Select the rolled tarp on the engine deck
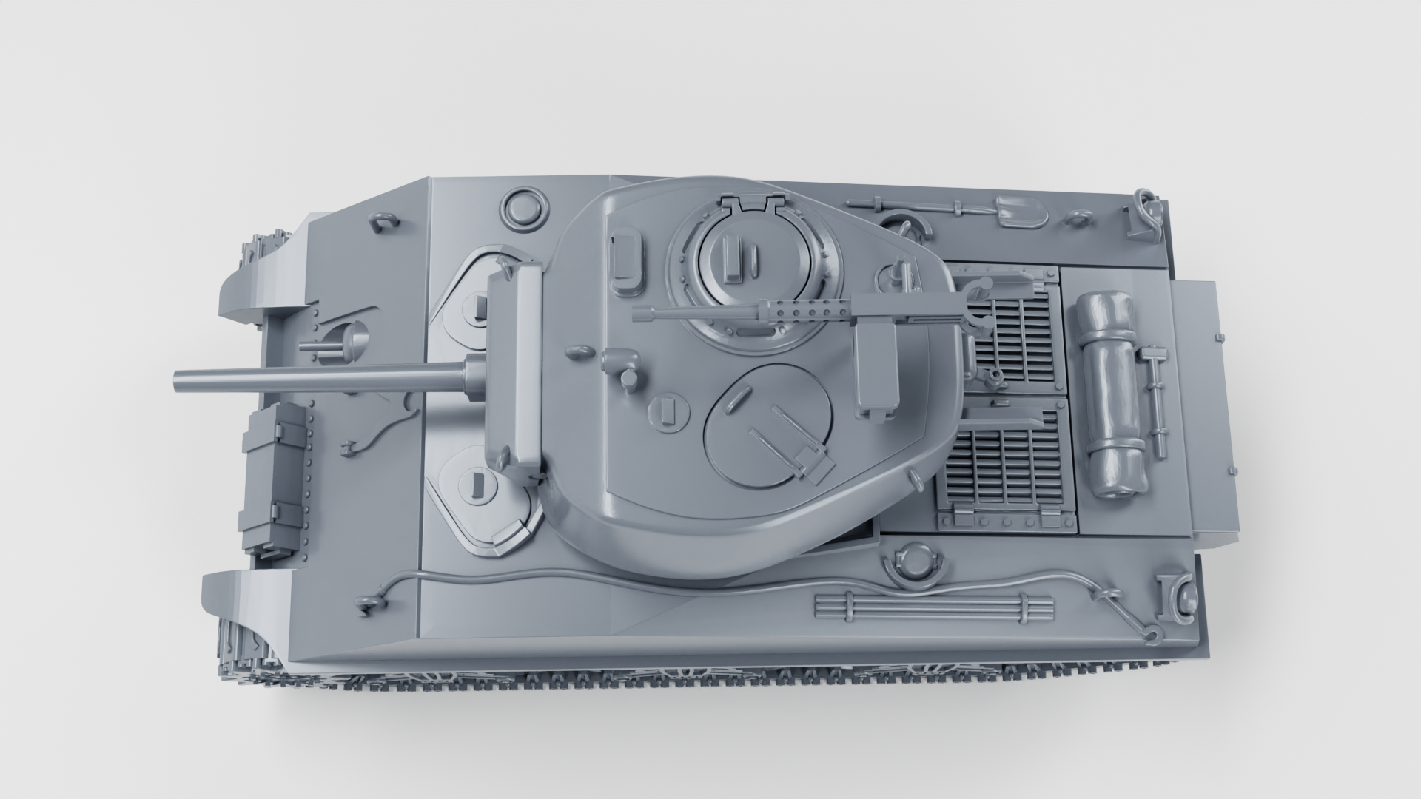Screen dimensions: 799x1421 [1112, 396]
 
